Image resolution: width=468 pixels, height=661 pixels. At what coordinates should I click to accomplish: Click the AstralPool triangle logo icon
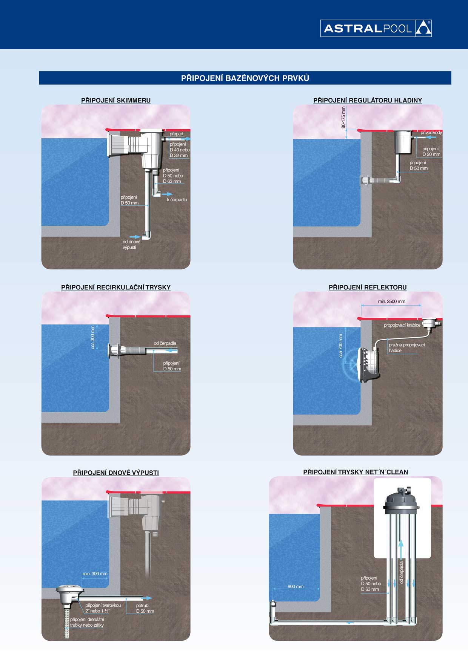tap(423, 28)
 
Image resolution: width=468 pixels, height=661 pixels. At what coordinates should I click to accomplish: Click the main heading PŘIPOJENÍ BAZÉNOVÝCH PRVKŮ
tap(245, 78)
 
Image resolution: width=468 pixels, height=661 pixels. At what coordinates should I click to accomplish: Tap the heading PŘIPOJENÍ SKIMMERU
tap(116, 100)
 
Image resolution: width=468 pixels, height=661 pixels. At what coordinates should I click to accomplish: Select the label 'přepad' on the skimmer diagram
tap(176, 134)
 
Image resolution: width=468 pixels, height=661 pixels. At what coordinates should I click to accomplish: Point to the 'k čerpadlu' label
tap(177, 200)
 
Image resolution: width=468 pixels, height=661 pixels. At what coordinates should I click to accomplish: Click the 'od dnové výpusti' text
tap(131, 245)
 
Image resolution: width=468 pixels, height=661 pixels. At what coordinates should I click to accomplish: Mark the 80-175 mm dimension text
tap(343, 117)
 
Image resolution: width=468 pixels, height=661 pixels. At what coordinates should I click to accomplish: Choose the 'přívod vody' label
tap(431, 133)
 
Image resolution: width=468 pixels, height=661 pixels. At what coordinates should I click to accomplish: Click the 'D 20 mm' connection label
tap(431, 154)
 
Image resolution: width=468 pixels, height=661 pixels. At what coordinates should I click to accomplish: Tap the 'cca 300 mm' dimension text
tap(92, 337)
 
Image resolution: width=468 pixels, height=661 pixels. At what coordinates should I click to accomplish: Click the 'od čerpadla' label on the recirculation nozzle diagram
tap(165, 343)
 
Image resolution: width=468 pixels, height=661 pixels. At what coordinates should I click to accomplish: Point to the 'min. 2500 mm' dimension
tap(391, 301)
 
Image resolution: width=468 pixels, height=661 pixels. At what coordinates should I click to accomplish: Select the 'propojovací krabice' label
tap(402, 325)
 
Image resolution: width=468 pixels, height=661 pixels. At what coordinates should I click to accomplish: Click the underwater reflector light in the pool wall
tap(368, 364)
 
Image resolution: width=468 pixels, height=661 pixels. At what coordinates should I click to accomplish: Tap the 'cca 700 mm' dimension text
tap(341, 346)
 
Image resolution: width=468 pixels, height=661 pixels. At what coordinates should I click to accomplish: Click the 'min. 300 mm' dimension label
tap(95, 574)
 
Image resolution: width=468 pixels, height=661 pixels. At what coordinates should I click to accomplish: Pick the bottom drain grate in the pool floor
tap(69, 589)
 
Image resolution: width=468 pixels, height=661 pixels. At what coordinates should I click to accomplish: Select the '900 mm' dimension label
tap(296, 586)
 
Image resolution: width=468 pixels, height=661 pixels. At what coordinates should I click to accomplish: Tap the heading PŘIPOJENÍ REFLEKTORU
tap(368, 287)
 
